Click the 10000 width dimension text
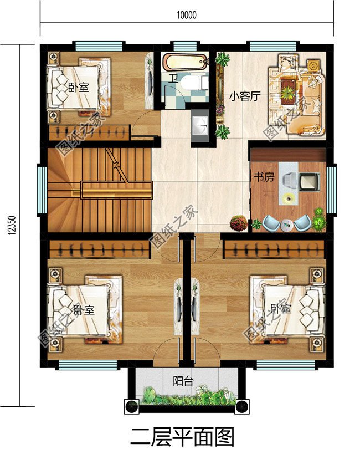[x=187, y=15]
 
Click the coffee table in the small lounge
[x=287, y=89]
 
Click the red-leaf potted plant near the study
[x=239, y=224]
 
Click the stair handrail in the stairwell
[x=116, y=191]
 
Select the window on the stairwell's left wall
[x=42, y=190]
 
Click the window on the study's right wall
[x=331, y=190]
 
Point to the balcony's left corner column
[x=133, y=405]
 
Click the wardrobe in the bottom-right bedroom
[x=274, y=249]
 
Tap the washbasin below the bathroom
[x=200, y=125]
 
